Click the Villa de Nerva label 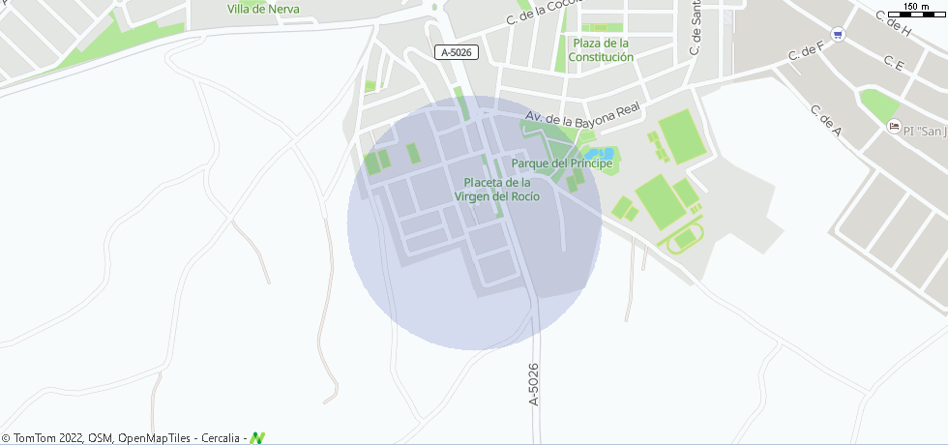(263, 9)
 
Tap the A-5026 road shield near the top (455, 52)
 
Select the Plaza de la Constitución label (601, 50)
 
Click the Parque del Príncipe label (562, 163)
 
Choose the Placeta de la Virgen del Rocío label (497, 190)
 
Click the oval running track (685, 238)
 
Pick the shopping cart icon (838, 35)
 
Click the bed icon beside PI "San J (895, 127)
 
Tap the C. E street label (894, 64)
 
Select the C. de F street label (806, 50)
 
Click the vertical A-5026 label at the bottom (534, 384)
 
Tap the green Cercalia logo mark (257, 438)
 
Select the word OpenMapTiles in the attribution (155, 438)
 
